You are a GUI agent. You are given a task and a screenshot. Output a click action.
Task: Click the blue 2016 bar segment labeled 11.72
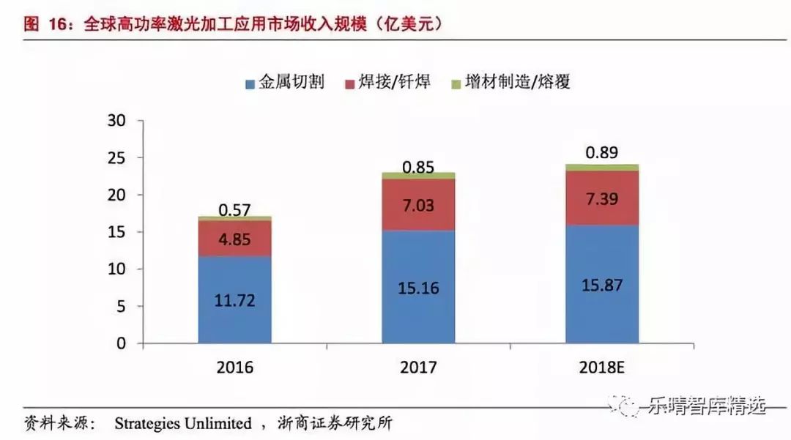(x=235, y=299)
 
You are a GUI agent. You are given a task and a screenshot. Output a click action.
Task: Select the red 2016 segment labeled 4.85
(x=235, y=239)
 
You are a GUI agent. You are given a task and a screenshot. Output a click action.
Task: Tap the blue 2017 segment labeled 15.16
(x=418, y=287)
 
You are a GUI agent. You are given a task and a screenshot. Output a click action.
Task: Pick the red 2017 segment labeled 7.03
(x=418, y=205)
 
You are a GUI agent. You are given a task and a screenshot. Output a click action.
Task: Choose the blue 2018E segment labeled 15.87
(x=601, y=284)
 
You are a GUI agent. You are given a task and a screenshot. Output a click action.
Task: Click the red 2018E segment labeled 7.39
(x=601, y=198)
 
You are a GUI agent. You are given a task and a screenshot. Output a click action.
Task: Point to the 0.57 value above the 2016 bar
(x=235, y=210)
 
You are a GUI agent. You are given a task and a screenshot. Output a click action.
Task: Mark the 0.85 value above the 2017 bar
(x=418, y=167)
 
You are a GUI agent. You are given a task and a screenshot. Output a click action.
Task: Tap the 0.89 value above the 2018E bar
(x=601, y=153)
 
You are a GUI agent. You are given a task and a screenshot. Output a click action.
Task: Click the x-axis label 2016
(x=235, y=367)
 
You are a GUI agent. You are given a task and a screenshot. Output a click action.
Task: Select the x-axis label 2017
(x=418, y=367)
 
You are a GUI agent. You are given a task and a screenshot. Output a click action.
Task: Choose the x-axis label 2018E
(x=601, y=367)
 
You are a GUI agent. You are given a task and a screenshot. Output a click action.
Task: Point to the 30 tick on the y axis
(x=116, y=121)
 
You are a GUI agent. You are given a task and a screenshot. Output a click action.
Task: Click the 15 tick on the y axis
(x=116, y=232)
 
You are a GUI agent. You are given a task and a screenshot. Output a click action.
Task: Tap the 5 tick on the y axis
(x=121, y=307)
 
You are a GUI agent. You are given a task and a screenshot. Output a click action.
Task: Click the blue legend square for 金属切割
(x=250, y=83)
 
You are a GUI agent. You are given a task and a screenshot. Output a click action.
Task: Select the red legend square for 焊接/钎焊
(x=349, y=83)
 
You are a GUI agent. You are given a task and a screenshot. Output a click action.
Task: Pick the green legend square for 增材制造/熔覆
(x=456, y=83)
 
